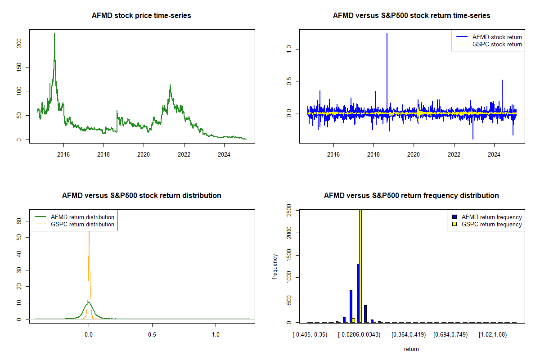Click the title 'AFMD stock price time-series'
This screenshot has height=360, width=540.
(x=141, y=16)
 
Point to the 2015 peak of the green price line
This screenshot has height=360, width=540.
(x=54, y=34)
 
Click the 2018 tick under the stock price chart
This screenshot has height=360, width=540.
(x=103, y=155)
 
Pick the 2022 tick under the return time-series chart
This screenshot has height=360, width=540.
(x=454, y=155)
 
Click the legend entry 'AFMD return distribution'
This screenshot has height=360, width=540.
(x=82, y=217)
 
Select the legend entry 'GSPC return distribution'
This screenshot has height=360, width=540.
(x=82, y=224)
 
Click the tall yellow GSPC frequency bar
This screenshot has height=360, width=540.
(x=360, y=265)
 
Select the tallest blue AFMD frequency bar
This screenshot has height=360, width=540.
(x=358, y=292)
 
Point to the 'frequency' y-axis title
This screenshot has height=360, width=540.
(x=275, y=267)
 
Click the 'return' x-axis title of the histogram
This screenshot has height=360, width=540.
(x=411, y=349)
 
